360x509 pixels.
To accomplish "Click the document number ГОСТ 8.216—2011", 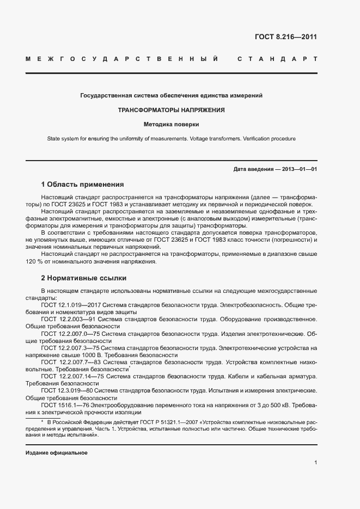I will (285, 38).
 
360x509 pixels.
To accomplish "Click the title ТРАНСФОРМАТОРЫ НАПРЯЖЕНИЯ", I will (172, 110).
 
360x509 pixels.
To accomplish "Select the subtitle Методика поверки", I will (172, 124).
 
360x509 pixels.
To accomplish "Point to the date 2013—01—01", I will (300, 169).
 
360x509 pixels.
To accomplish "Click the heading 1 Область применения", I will (82, 185).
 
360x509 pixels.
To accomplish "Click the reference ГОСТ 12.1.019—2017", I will (71, 306).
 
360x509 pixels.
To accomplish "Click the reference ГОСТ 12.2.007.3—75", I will (70, 347).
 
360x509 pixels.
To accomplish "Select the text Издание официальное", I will (56, 453).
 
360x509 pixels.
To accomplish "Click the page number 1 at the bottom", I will (315, 462).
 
